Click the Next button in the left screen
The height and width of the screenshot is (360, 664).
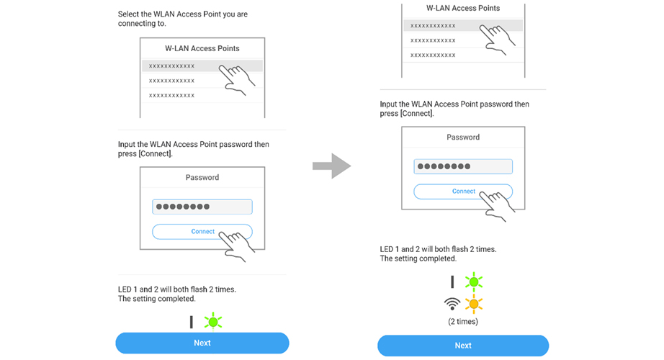coord(202,343)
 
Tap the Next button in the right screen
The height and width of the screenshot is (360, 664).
coord(463,346)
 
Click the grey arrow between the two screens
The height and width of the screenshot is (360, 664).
coord(331,166)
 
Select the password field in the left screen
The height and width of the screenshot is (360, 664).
coord(202,207)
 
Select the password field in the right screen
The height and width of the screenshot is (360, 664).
coord(463,166)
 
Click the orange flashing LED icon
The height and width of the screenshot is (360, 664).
coord(473,303)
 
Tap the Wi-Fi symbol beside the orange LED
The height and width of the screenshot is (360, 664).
coord(452,303)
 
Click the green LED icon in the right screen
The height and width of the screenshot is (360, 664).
coord(473,282)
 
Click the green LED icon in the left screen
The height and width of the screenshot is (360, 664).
coord(212,321)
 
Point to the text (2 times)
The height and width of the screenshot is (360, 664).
coord(463,321)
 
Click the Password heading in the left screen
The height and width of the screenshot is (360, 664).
coord(202,177)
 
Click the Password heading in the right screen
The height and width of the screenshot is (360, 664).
coord(463,137)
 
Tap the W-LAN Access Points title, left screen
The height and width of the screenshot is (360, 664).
coord(202,48)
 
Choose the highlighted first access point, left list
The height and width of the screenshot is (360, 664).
coord(173,66)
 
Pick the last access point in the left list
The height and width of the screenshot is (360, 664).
coord(172,95)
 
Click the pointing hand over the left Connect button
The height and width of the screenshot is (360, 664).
coord(239,245)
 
